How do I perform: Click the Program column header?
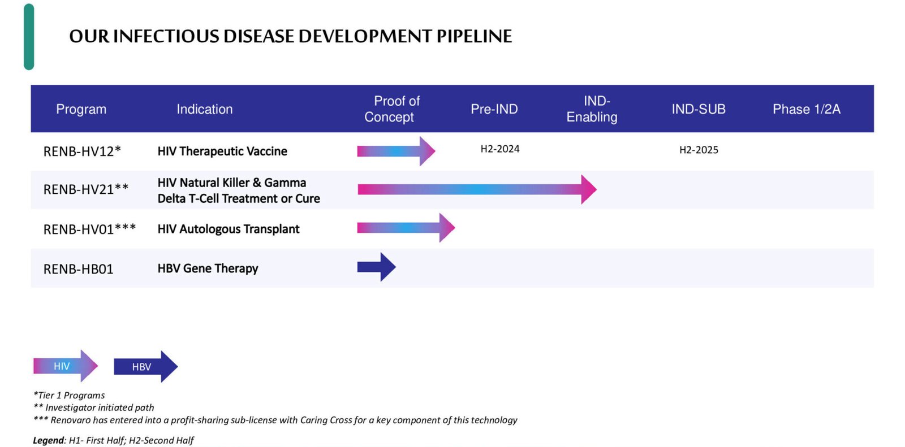click(x=81, y=109)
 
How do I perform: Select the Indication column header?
click(x=204, y=109)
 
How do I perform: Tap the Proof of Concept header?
click(x=392, y=109)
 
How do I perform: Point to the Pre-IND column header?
click(x=494, y=109)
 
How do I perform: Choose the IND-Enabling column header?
click(x=592, y=109)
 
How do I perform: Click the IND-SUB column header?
click(x=699, y=109)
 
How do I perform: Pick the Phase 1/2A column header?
click(x=807, y=109)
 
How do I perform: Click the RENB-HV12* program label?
click(x=82, y=151)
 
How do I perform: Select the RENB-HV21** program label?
click(x=85, y=189)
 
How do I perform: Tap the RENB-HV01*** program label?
click(x=89, y=229)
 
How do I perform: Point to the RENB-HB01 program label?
click(x=79, y=269)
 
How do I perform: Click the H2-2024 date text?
click(x=500, y=149)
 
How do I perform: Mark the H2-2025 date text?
click(x=699, y=150)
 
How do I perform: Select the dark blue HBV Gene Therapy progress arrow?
click(x=376, y=267)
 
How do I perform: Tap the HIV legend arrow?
click(x=66, y=366)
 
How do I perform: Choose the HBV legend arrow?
click(x=145, y=367)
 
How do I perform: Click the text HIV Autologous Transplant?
click(x=229, y=229)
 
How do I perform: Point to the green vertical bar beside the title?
click(x=29, y=37)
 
